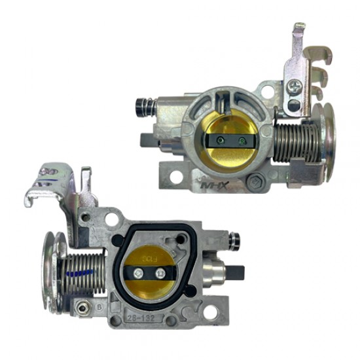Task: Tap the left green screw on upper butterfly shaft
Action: [221, 139]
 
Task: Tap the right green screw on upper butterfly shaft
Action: [243, 139]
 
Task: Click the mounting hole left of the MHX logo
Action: [175, 176]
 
